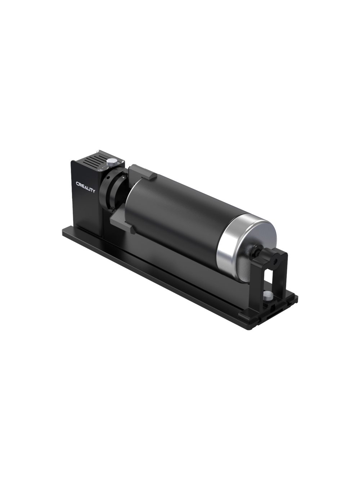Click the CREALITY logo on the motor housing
tap(85, 186)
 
